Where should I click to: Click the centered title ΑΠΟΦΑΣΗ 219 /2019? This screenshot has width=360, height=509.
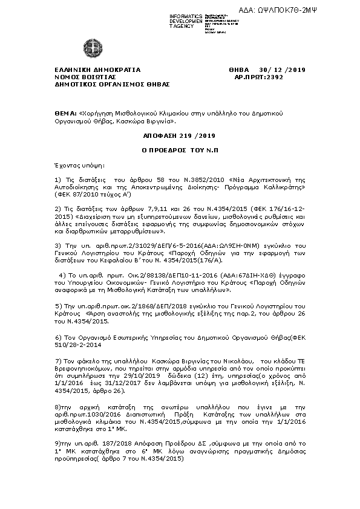click(x=179, y=137)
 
